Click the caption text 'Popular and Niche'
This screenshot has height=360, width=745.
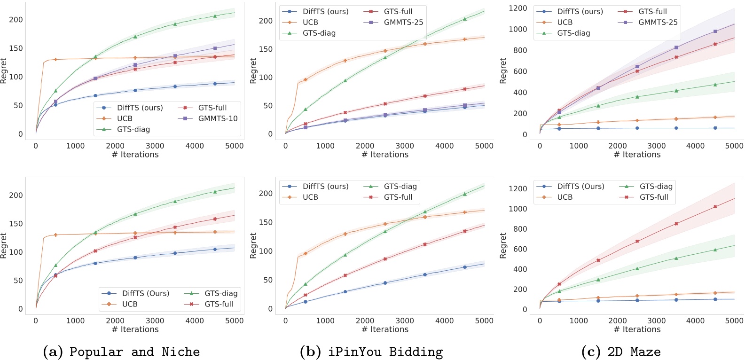pos(134,352)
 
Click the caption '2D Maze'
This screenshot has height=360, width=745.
pos(634,352)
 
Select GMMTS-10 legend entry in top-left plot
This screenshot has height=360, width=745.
pos(218,118)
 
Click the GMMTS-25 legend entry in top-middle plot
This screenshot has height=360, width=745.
pos(403,22)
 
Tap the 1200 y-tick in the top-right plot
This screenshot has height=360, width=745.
pos(518,8)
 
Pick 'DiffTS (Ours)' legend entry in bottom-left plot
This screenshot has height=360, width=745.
pos(145,293)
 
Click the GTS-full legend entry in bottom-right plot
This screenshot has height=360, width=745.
pos(654,197)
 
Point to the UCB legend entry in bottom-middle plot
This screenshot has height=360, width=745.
pos(310,197)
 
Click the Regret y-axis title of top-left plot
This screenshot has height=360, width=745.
pos(4,71)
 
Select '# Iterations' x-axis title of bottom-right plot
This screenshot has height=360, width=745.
pos(637,329)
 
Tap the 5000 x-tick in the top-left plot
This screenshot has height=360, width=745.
pos(234,146)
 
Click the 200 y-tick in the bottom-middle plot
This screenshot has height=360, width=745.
pos(266,193)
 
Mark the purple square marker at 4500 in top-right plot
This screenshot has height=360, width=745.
pos(715,31)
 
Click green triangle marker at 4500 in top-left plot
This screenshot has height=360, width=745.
pos(215,16)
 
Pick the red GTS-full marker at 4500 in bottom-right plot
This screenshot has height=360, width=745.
pos(715,206)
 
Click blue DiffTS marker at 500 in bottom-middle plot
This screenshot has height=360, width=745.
pos(306,302)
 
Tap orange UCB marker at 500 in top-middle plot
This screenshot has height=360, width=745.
pos(306,80)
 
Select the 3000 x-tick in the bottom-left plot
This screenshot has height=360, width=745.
pos(155,321)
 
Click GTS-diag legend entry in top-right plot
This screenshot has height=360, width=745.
pos(573,33)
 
